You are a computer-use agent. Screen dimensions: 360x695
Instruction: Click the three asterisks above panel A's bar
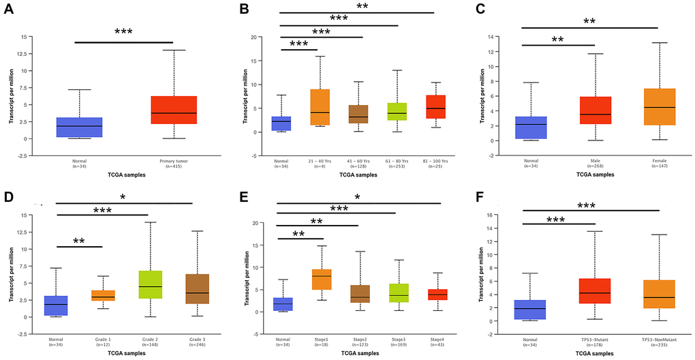click(x=123, y=32)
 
